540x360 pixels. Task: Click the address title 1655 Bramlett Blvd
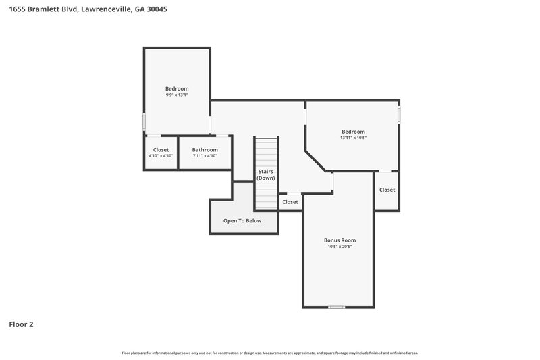88,9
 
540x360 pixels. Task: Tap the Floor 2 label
21,324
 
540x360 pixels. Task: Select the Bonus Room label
340,240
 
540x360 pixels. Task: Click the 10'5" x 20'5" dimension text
340,247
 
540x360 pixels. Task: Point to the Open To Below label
242,220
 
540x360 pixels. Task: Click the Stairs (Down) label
266,174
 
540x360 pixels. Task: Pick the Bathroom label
205,149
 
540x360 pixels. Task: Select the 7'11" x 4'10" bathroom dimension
205,156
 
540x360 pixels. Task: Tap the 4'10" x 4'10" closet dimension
161,156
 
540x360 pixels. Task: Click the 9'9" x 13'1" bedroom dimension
177,95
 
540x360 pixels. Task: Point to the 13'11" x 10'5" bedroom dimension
353,138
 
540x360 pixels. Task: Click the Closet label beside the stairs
290,201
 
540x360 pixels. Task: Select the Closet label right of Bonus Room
387,190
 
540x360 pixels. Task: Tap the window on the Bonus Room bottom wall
336,307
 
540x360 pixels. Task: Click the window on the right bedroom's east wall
399,115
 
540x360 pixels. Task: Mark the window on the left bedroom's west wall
144,122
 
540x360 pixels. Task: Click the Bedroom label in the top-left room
177,88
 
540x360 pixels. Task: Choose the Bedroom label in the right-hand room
353,131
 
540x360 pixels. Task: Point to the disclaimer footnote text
270,353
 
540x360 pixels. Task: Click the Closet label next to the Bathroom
161,149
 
